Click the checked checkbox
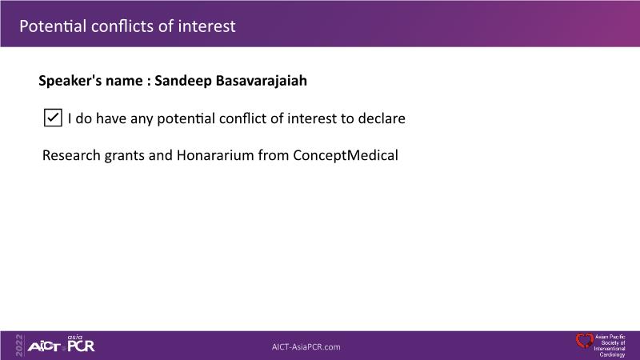pyautogui.click(x=53, y=118)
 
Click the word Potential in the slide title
pyautogui.click(x=53, y=26)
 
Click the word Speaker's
pyautogui.click(x=70, y=81)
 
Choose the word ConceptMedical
pyautogui.click(x=346, y=155)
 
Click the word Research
pyautogui.click(x=71, y=155)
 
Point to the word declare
pyautogui.click(x=382, y=118)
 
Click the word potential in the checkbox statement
pyautogui.click(x=186, y=118)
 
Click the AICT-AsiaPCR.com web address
pyautogui.click(x=306, y=347)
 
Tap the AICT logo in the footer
pyautogui.click(x=44, y=347)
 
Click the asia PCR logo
pyautogui.click(x=81, y=344)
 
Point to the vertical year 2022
pyautogui.click(x=19, y=346)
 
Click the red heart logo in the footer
pyautogui.click(x=585, y=341)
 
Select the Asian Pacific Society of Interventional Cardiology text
pyautogui.click(x=610, y=346)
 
